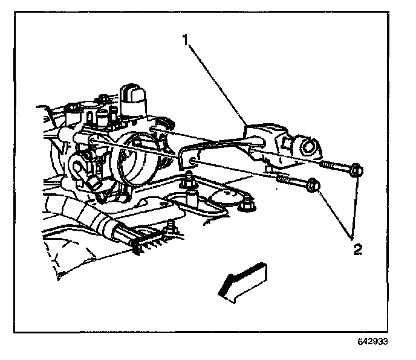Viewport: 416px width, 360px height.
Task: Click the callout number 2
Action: (x=359, y=249)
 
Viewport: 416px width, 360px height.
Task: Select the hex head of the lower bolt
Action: (x=313, y=185)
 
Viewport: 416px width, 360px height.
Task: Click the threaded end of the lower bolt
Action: (x=283, y=179)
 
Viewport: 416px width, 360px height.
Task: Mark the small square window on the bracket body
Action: (x=287, y=143)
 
